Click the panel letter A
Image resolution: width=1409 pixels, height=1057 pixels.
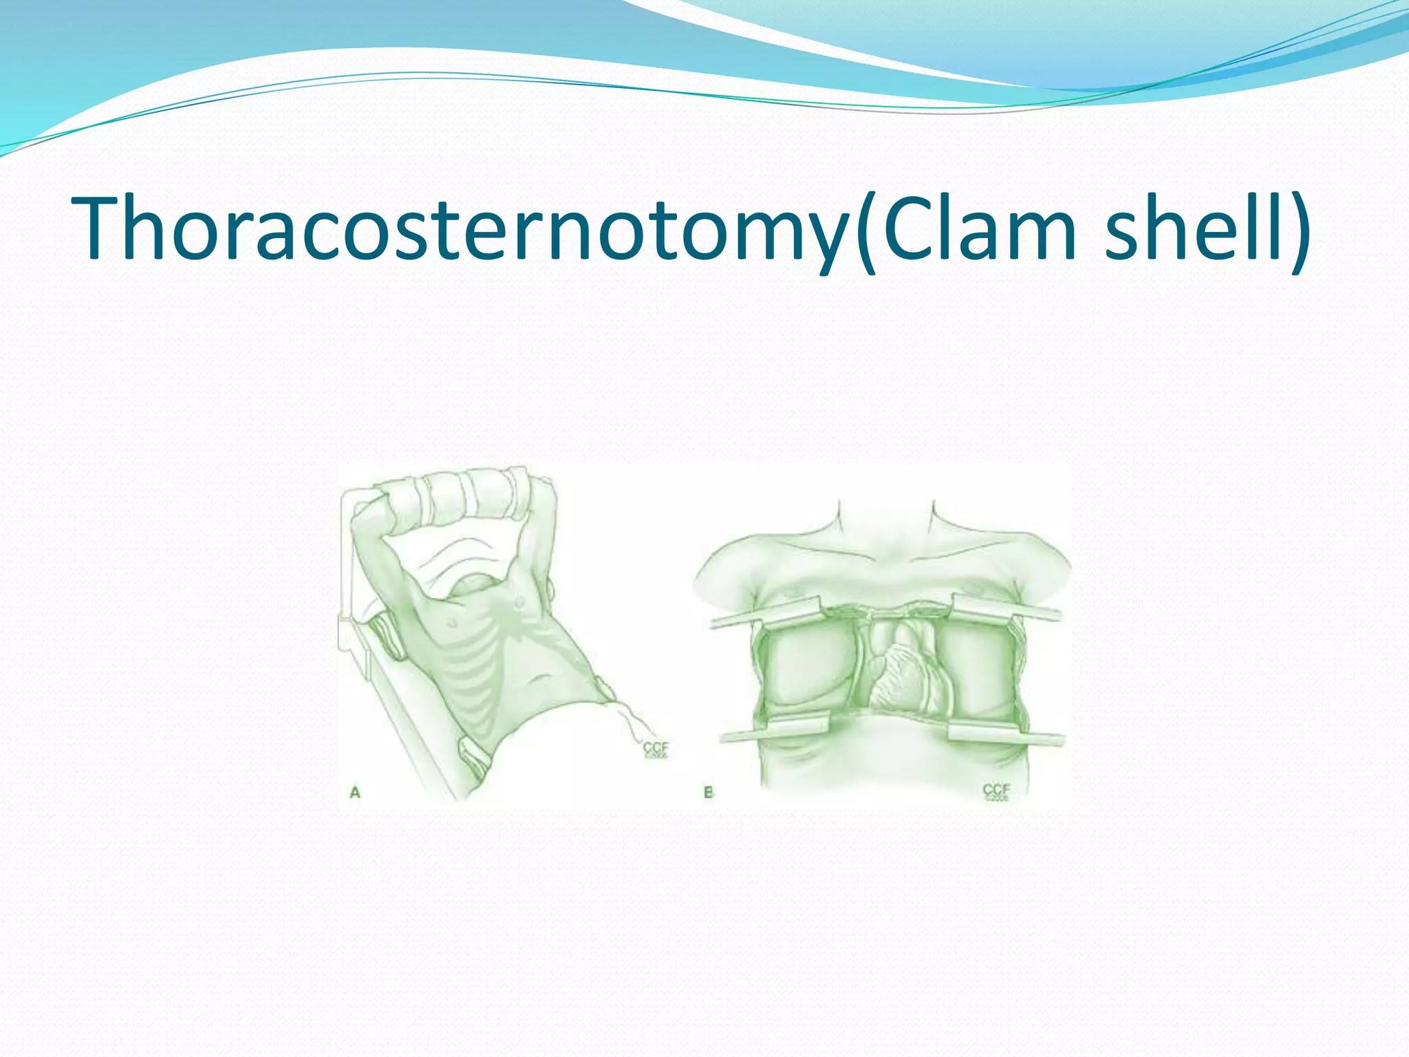(x=355, y=793)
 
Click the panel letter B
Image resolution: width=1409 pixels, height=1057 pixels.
(x=708, y=793)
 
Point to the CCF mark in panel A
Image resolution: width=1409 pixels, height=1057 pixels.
(x=655, y=749)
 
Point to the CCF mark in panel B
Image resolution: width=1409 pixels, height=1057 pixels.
(x=996, y=791)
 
